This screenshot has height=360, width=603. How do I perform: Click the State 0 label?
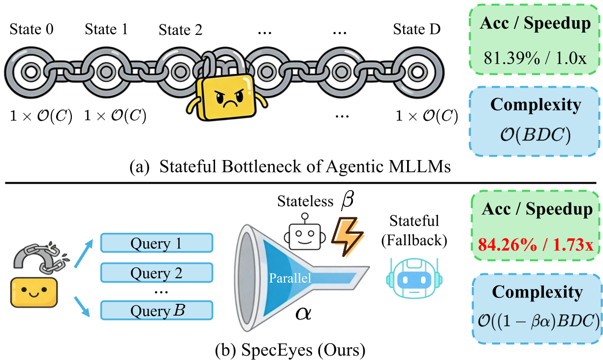[32, 30]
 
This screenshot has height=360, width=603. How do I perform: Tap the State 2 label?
[180, 30]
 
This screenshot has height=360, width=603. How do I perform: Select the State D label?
[416, 30]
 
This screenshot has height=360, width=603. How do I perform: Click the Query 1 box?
[156, 243]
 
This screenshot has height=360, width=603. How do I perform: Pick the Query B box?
[156, 311]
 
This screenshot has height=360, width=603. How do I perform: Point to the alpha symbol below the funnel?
[303, 313]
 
